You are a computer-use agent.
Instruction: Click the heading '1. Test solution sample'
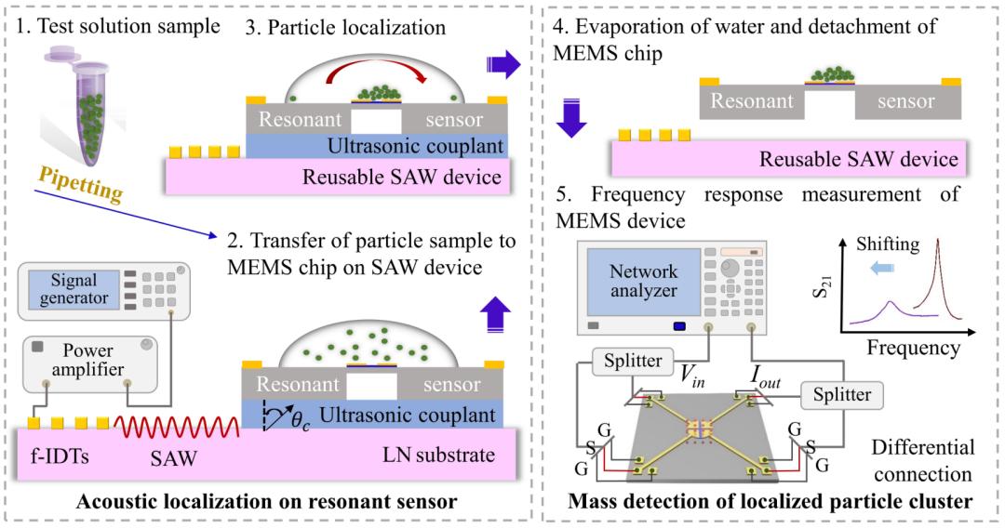(x=115, y=26)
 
